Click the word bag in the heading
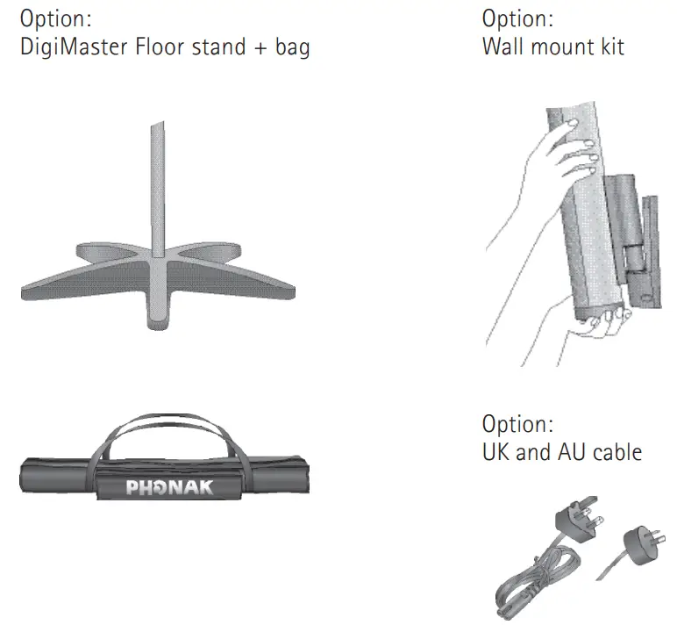point(294,47)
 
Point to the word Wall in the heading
point(504,46)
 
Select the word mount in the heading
point(559,47)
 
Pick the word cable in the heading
point(614,452)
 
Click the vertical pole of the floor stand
point(158,193)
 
